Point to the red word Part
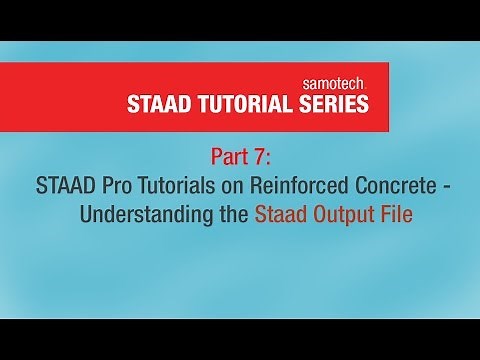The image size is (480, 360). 228,157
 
